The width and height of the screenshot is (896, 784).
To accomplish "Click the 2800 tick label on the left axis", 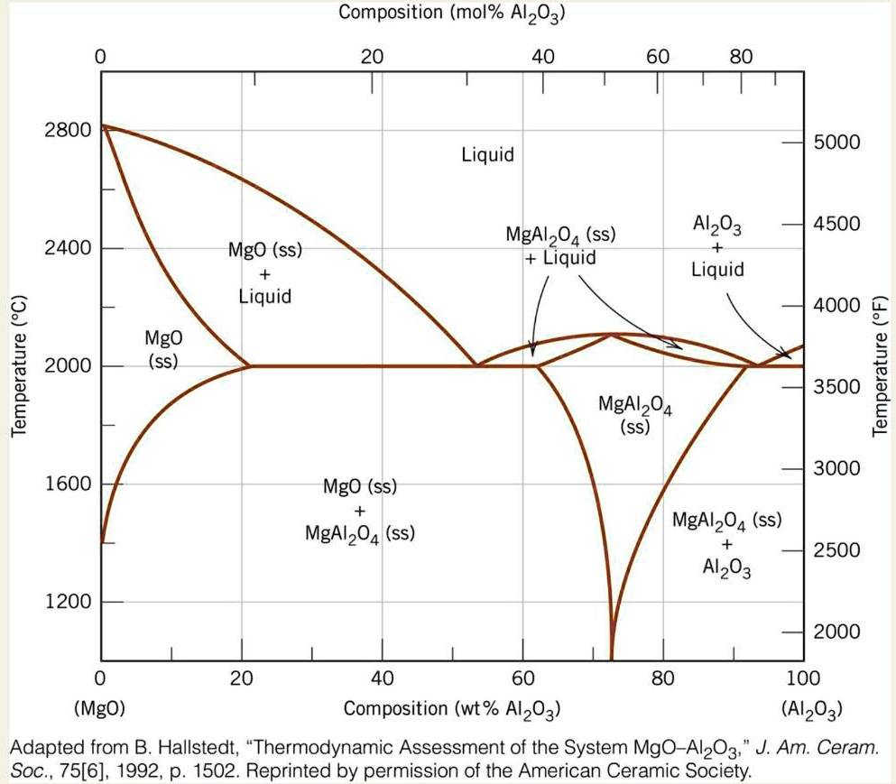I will click(x=68, y=129).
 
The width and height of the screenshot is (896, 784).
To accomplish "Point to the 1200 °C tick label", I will click(x=68, y=602).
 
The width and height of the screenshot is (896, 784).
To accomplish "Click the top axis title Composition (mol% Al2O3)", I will click(x=452, y=14).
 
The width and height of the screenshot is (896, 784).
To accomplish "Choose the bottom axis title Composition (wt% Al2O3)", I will click(x=452, y=709).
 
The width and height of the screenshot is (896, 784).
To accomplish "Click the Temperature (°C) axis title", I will click(x=19, y=365).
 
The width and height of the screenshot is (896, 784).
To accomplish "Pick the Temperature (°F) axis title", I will click(x=880, y=365).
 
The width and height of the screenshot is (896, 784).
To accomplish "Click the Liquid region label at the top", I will click(x=487, y=155).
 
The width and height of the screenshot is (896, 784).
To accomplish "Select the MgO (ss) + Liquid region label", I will click(x=264, y=272).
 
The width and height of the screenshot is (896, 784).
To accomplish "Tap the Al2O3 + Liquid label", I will click(x=717, y=247).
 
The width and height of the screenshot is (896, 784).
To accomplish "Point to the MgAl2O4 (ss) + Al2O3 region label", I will click(x=726, y=544).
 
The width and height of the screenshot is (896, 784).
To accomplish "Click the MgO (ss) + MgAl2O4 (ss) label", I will click(x=360, y=511).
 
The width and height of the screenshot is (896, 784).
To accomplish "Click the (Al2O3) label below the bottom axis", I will click(x=814, y=709).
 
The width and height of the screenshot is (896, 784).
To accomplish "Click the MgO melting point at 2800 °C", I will click(x=102, y=126).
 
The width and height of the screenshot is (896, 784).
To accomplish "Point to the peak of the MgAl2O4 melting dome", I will click(x=611, y=335).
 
